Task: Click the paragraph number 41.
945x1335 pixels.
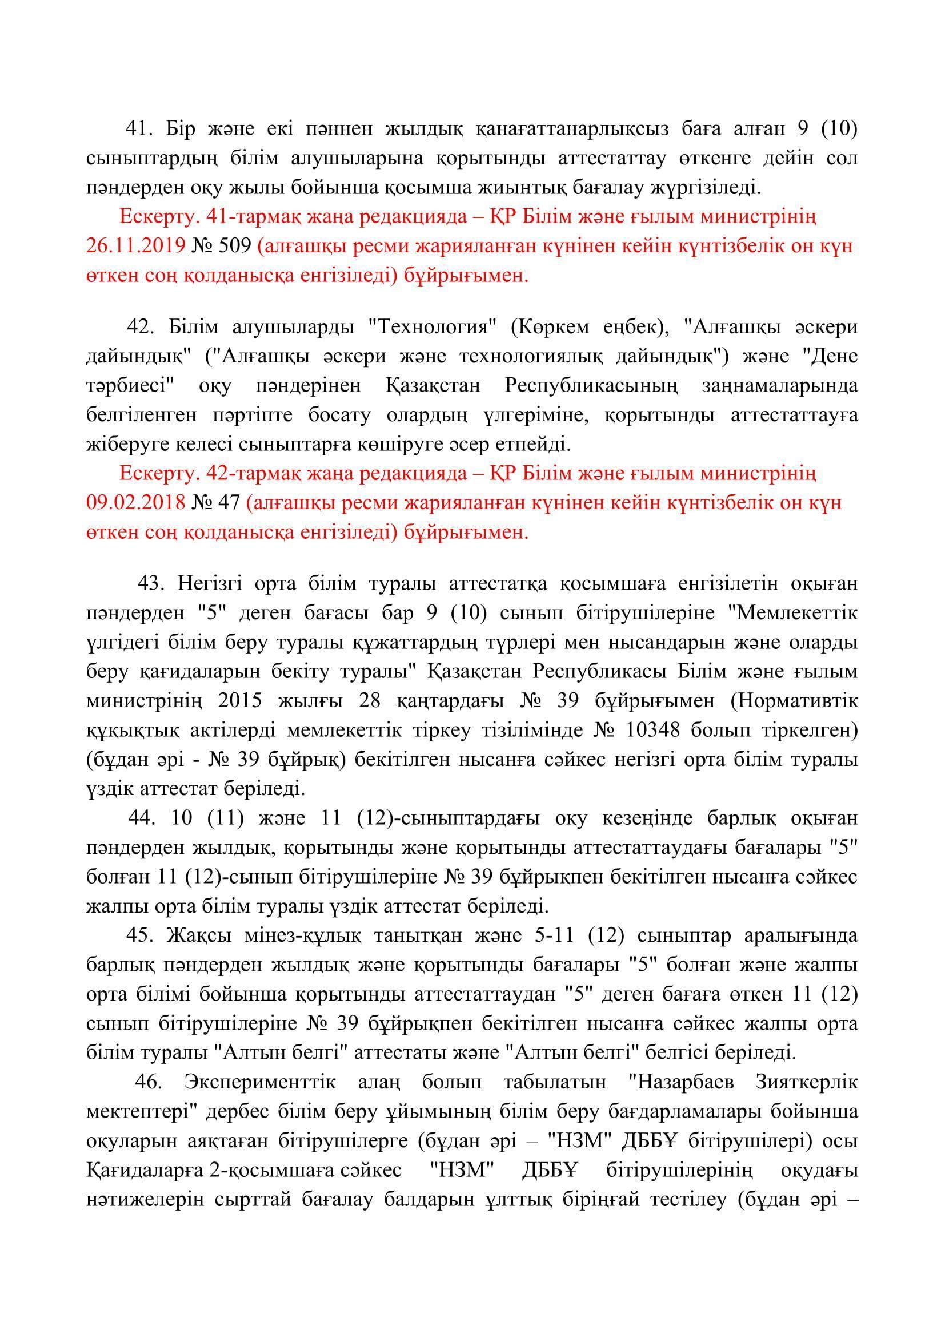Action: (138, 128)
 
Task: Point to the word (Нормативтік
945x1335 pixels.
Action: (794, 701)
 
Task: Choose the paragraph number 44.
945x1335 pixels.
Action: (140, 818)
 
